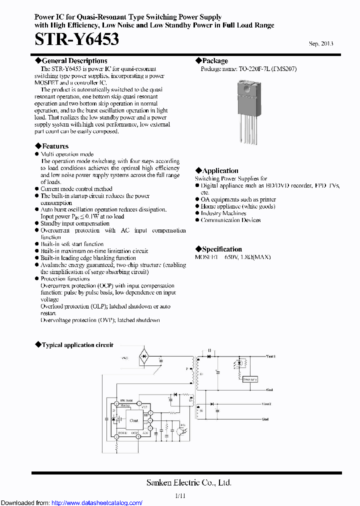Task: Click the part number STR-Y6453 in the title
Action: pos(77,39)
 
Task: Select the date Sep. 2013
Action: pos(321,43)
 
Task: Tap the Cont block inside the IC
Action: pos(134,420)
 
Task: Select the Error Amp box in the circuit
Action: pos(249,379)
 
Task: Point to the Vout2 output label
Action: pos(266,403)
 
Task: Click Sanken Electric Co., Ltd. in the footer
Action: pos(188,482)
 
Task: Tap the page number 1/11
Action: pos(180,495)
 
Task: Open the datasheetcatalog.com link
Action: pos(97,502)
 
